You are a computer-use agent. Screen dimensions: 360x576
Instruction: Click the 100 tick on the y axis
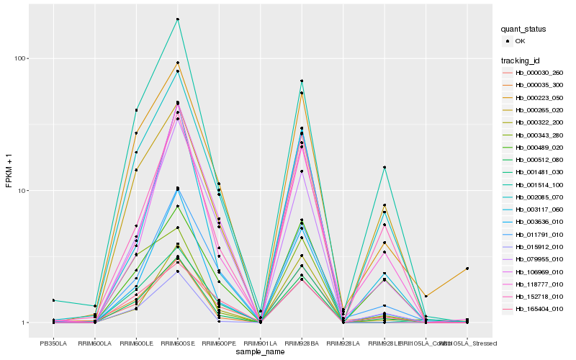tap(22, 58)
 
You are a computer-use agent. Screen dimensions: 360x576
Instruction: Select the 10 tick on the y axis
tap(24, 191)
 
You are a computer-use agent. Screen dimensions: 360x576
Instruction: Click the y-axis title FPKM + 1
tap(9, 170)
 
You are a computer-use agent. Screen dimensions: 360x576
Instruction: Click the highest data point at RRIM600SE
tap(177, 19)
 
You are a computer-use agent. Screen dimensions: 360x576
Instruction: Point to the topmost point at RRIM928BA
tap(302, 81)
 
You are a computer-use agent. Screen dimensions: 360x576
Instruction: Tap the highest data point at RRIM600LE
tap(136, 110)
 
